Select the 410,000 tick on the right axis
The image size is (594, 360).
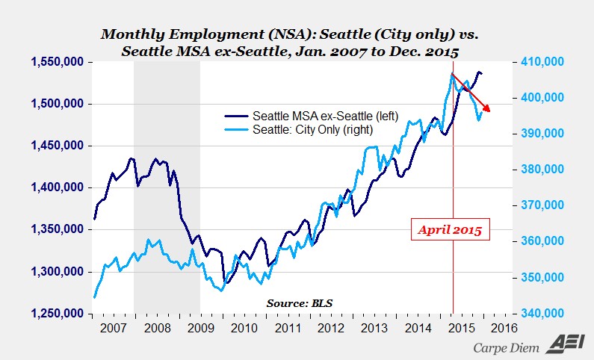coord(543,63)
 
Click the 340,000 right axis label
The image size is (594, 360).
coord(543,314)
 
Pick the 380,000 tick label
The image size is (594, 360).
coord(543,170)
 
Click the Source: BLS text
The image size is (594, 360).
coord(300,302)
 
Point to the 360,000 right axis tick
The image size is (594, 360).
coord(543,242)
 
